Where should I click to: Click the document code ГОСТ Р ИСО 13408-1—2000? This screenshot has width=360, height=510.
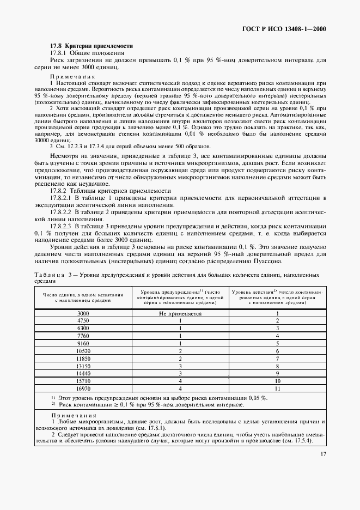287,29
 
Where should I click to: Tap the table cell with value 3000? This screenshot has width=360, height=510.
83,314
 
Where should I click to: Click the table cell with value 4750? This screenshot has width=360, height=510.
83,321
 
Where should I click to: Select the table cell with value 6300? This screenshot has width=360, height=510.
83,329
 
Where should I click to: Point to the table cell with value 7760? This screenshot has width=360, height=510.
83,336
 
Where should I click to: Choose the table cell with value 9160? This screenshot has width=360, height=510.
83,344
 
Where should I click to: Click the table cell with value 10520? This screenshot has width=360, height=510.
83,351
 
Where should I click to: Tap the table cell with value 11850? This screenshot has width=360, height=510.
83,359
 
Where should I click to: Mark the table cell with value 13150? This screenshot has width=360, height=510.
83,367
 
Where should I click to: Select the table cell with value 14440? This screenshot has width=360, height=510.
83,374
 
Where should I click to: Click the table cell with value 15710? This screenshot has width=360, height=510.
83,382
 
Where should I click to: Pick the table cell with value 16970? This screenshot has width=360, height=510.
83,390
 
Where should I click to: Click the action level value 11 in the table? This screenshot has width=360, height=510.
277,390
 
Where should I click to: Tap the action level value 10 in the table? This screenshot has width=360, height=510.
277,382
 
